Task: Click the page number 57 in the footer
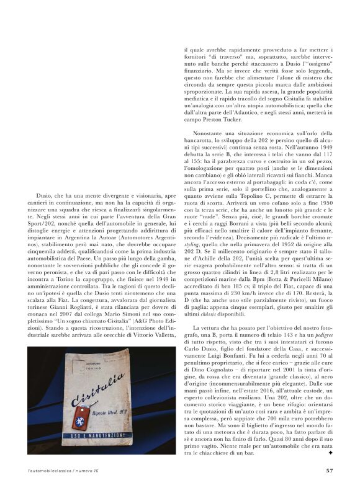(330, 470)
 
